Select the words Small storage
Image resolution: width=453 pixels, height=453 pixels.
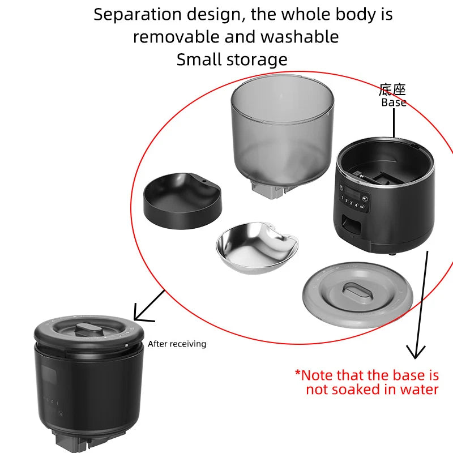click(x=232, y=59)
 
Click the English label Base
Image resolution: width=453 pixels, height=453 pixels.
click(x=394, y=102)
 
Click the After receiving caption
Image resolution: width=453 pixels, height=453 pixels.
click(x=177, y=344)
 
